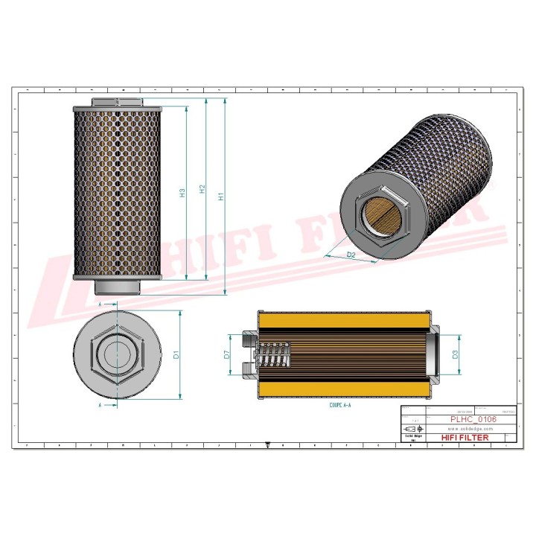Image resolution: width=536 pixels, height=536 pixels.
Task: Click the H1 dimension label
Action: coord(220,197)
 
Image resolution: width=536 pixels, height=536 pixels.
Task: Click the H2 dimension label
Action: coord(202,191)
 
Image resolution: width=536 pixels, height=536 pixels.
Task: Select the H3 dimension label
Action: coord(182,193)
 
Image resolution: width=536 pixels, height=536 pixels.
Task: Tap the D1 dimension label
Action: coord(176,354)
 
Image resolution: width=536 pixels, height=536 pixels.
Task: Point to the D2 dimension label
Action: coord(351,255)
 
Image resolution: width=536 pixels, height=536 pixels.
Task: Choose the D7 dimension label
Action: coord(226,354)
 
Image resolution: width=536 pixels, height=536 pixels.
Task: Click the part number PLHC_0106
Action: coord(472,419)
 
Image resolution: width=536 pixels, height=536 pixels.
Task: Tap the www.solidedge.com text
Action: coord(472,429)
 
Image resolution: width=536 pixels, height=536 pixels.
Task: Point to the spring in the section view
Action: coord(277,354)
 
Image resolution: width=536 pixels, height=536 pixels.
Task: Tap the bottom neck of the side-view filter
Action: coord(118,287)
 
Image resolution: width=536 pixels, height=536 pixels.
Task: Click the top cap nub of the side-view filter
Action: coord(118,102)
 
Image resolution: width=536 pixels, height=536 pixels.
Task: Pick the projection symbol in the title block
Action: coord(410,430)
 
